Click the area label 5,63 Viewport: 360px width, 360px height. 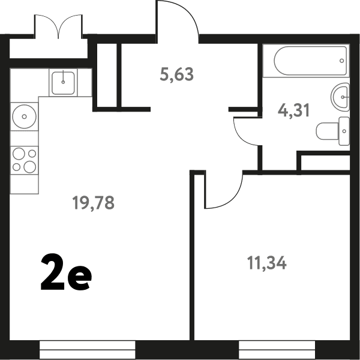tap(176, 74)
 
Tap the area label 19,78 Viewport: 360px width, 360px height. tap(93, 203)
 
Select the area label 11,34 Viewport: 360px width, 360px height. tap(267, 263)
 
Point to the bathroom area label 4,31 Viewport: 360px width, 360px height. tap(293, 110)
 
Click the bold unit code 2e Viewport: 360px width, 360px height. tap(66, 272)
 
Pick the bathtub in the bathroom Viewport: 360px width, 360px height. tap(310, 61)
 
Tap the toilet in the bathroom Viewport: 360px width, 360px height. tap(333, 131)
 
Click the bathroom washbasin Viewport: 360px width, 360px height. tap(340, 97)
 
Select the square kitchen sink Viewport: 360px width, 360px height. tap(63, 83)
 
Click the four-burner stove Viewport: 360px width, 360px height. tap(25, 160)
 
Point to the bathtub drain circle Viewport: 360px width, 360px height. tap(341, 61)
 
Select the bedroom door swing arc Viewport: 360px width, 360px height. tap(232, 200)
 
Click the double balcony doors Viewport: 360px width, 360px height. tap(59, 25)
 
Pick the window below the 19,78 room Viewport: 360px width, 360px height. tap(88, 350)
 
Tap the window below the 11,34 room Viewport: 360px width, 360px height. tap(277, 350)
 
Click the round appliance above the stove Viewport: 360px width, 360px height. tap(24, 116)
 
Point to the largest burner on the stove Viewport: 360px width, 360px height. tap(30, 167)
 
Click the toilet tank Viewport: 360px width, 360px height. tap(344, 131)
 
